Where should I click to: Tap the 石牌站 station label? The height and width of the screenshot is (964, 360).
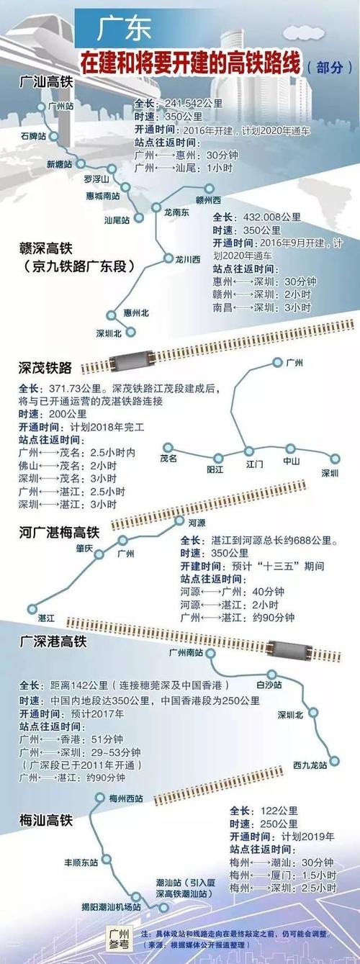point(34,135)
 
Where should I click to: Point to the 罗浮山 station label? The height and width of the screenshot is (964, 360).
point(96,178)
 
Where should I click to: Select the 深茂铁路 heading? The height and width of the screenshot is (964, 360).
point(45,368)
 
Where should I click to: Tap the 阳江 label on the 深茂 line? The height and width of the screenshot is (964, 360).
point(215,469)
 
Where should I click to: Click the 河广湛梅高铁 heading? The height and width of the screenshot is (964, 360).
point(59,532)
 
